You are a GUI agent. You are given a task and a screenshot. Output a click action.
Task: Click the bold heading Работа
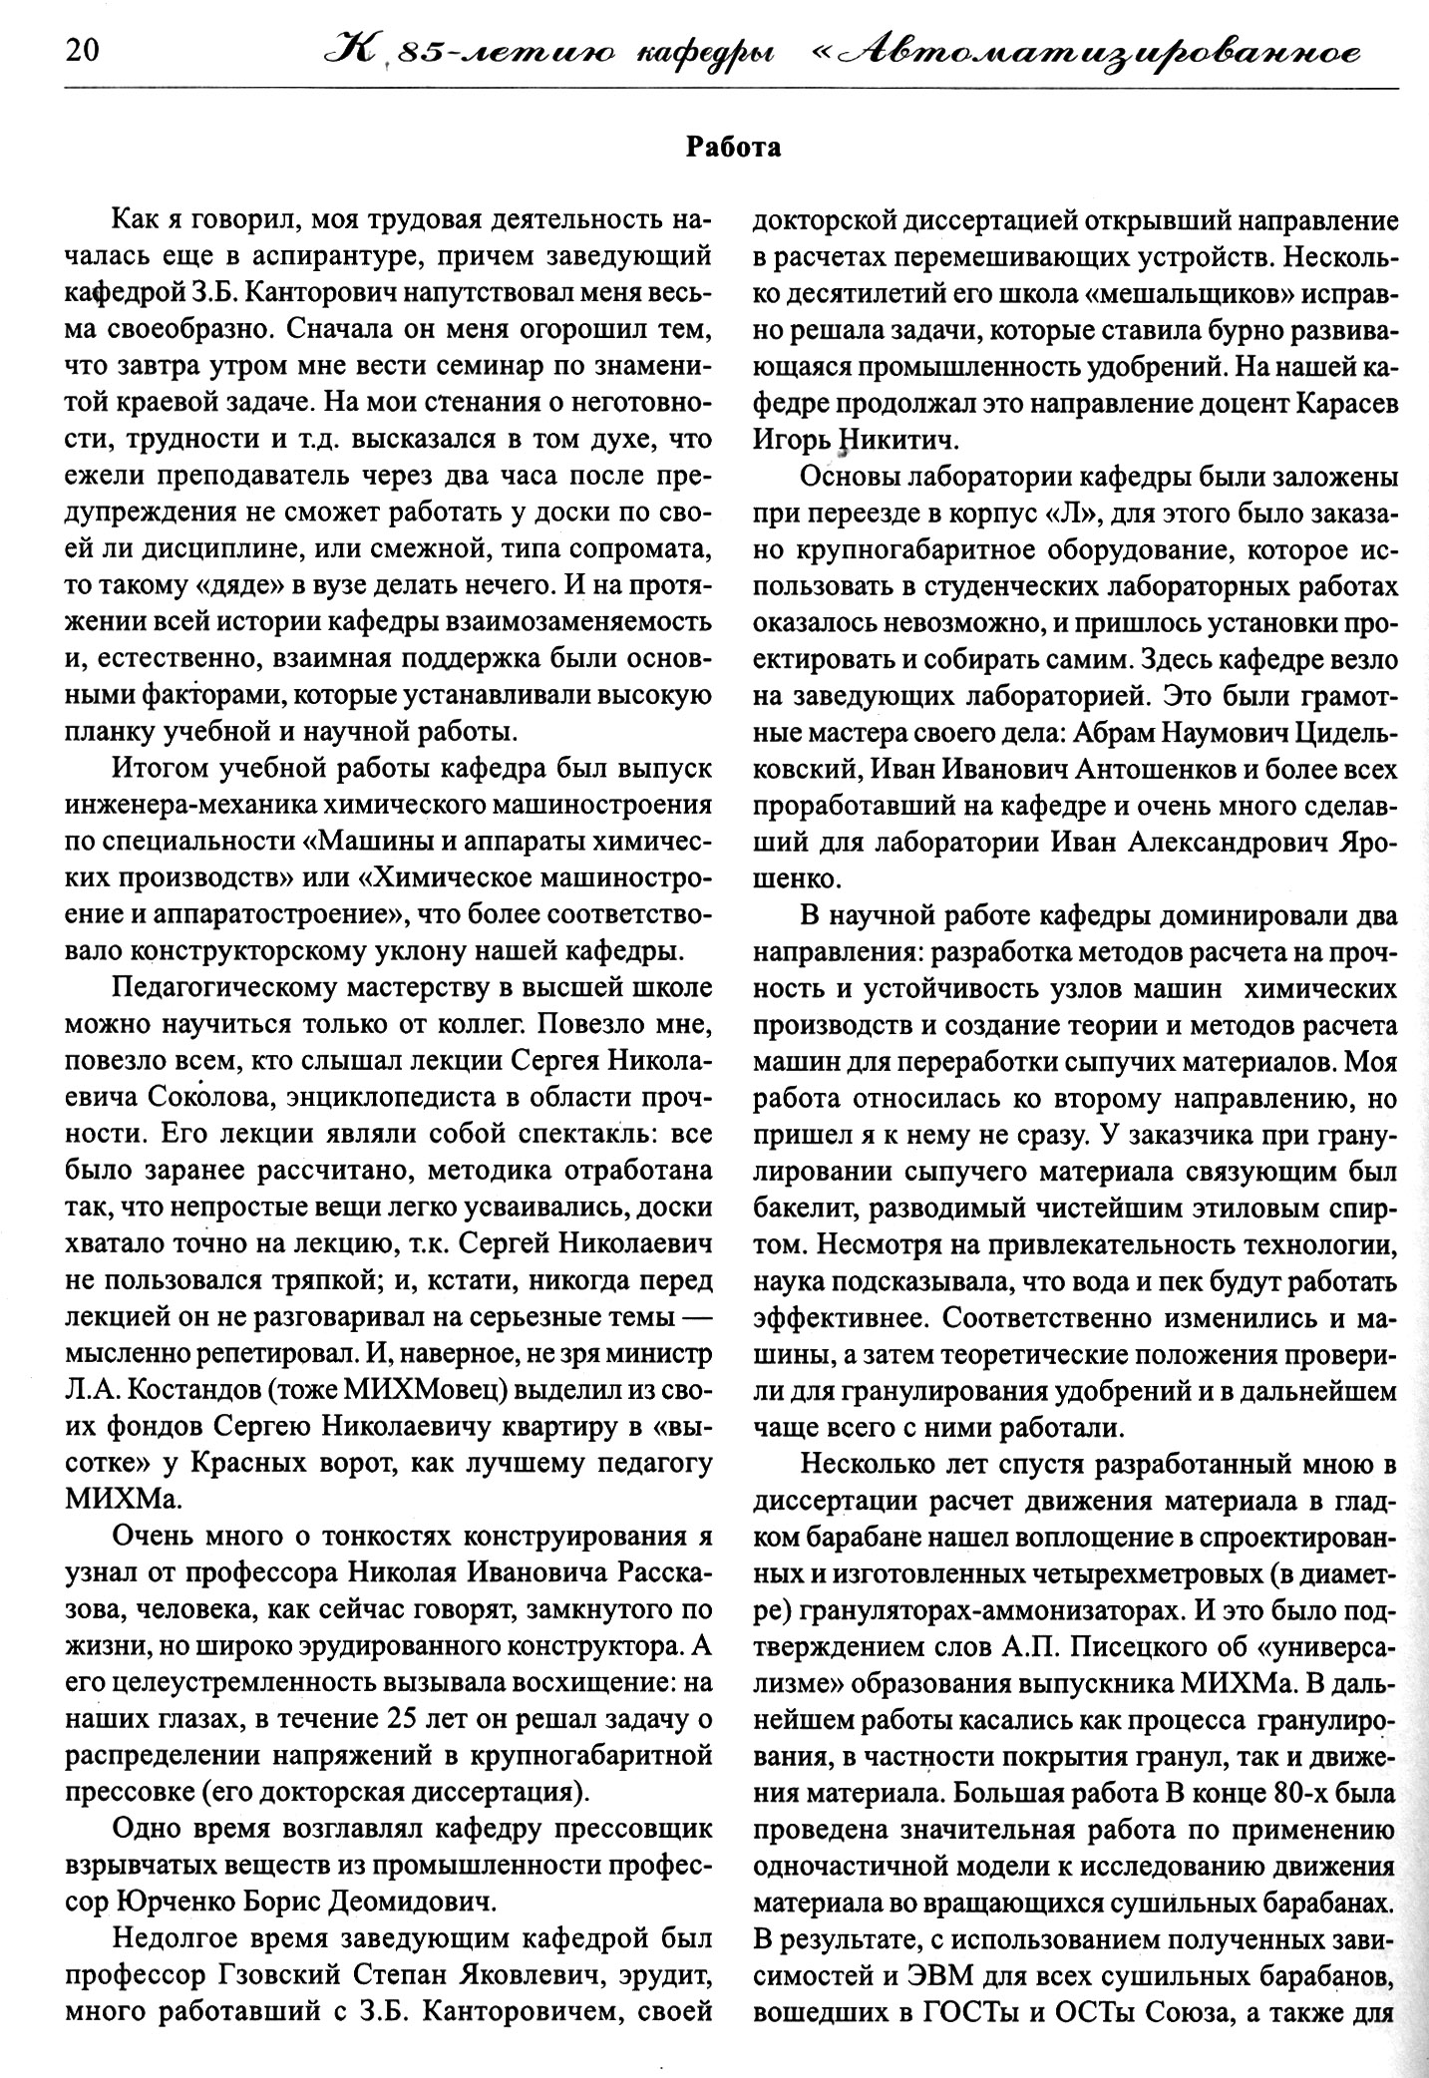[733, 150]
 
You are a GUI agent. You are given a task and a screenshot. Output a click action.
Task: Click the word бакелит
[806, 1209]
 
